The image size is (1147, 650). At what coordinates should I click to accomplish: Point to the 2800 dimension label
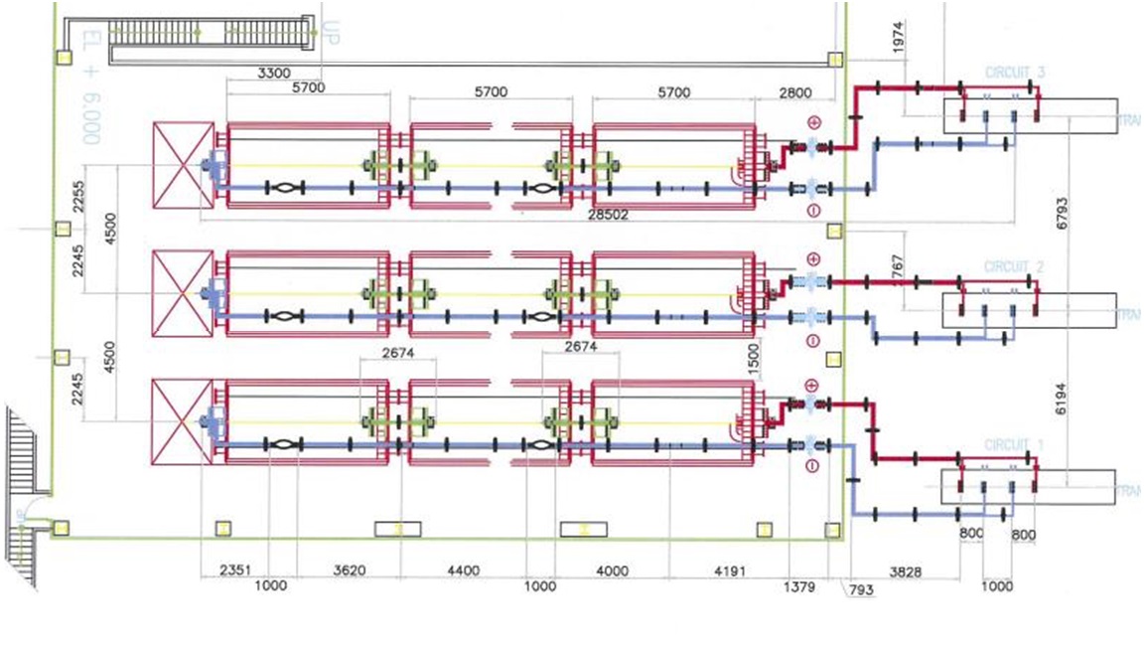pyautogui.click(x=794, y=91)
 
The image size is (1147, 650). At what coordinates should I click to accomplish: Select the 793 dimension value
pyautogui.click(x=860, y=591)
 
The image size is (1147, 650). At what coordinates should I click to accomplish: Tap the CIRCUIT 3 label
pyautogui.click(x=1015, y=73)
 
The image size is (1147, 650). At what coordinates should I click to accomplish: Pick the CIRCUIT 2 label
pyautogui.click(x=1015, y=267)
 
